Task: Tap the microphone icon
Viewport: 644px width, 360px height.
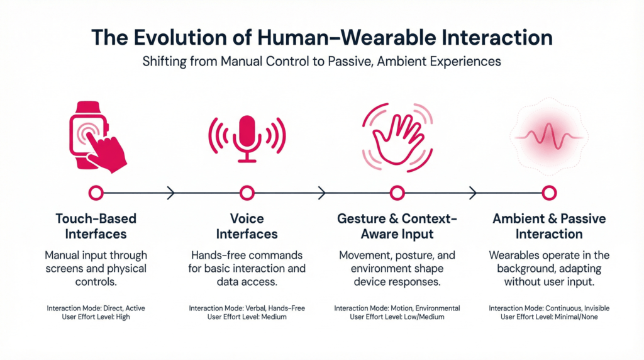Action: [x=247, y=135]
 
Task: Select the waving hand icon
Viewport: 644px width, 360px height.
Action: [x=396, y=135]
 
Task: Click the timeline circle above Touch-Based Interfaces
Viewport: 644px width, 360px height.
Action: [x=96, y=193]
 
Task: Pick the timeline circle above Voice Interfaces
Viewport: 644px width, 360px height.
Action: [x=247, y=193]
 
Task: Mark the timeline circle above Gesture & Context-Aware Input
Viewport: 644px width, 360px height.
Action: [x=397, y=193]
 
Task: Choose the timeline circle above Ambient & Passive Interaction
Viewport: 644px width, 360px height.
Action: [x=549, y=193]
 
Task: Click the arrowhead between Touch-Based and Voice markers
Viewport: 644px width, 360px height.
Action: [x=170, y=193]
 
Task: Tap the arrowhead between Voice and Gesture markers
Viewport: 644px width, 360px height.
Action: [x=322, y=193]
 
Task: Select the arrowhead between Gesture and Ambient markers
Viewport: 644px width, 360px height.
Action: [x=473, y=193]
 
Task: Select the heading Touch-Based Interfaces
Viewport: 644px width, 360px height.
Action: [x=96, y=227]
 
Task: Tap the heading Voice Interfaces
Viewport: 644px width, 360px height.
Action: [x=247, y=227]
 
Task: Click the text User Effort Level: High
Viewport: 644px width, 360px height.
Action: [x=96, y=317]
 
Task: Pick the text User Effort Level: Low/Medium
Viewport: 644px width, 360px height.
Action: [x=397, y=317]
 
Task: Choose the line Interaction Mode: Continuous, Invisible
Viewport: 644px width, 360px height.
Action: [x=549, y=308]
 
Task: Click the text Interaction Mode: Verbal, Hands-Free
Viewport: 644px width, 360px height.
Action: [x=247, y=308]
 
